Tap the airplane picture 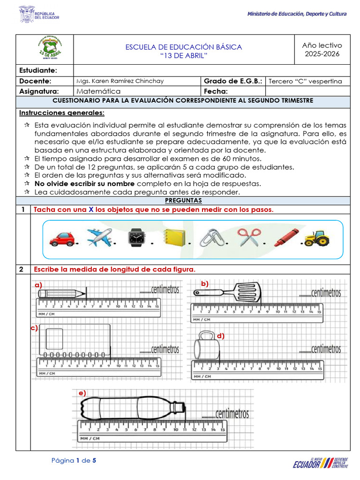[x=99, y=238]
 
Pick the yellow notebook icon [x=175, y=238]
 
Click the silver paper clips [x=211, y=238]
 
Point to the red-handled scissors [x=248, y=238]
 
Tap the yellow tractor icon [x=317, y=239]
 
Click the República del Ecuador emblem [x=27, y=14]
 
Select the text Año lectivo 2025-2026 [x=322, y=49]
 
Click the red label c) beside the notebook [x=34, y=328]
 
